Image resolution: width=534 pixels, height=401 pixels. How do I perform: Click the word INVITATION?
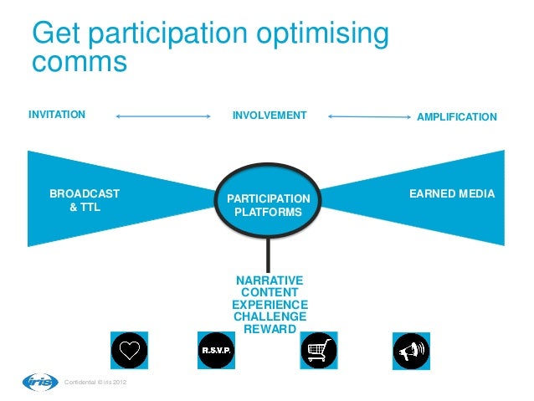coord(57,116)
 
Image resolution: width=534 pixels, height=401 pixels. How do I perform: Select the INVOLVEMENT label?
coord(270,116)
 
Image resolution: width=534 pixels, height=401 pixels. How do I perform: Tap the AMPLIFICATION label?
coord(457,117)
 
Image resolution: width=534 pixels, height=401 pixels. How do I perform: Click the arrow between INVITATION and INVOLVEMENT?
coord(162,116)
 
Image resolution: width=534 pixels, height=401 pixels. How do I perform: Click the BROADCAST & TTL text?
coord(85,201)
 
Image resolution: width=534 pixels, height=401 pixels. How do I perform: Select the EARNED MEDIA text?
coord(452,194)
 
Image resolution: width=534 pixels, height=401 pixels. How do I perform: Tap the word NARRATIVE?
coord(270,280)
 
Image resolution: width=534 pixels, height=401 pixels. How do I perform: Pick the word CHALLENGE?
coord(270,317)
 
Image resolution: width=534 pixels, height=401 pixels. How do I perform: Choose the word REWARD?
coord(270,330)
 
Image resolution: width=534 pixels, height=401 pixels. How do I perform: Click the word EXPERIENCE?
coord(270,305)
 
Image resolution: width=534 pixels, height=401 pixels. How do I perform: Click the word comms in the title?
coord(79,63)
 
